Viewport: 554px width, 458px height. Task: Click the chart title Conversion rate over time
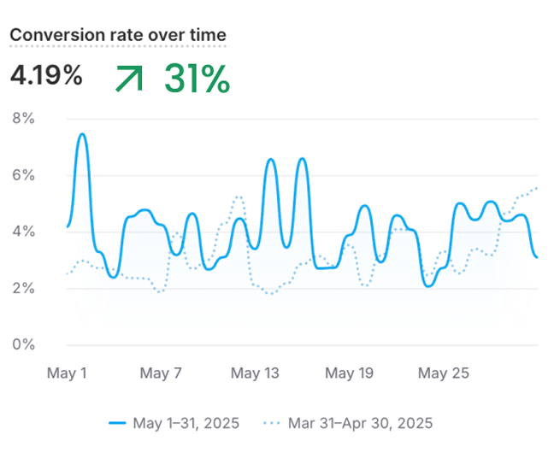coord(118,35)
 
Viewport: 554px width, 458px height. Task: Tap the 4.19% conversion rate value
coord(46,76)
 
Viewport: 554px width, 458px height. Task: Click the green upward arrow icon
coord(129,79)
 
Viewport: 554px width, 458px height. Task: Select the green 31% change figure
coord(197,79)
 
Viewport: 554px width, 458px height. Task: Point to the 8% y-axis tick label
coord(23,119)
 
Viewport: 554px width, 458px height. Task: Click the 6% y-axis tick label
coord(23,175)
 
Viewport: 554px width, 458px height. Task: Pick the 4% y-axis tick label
coord(23,232)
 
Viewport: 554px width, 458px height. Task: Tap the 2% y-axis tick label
coord(23,288)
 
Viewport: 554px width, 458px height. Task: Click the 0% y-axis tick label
coord(23,344)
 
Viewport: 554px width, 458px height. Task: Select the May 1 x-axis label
coord(67,373)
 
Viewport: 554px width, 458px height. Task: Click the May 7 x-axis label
coord(161,373)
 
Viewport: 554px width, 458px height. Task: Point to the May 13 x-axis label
coord(256,373)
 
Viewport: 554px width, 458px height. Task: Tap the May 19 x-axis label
coord(351,373)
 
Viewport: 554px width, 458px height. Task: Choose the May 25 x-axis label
coord(444,373)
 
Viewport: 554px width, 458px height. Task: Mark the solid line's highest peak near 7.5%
coord(82,134)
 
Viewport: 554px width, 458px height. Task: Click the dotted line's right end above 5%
coord(537,187)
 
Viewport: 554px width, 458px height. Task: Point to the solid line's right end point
coord(537,256)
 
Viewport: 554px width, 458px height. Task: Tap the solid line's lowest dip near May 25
coord(429,285)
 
